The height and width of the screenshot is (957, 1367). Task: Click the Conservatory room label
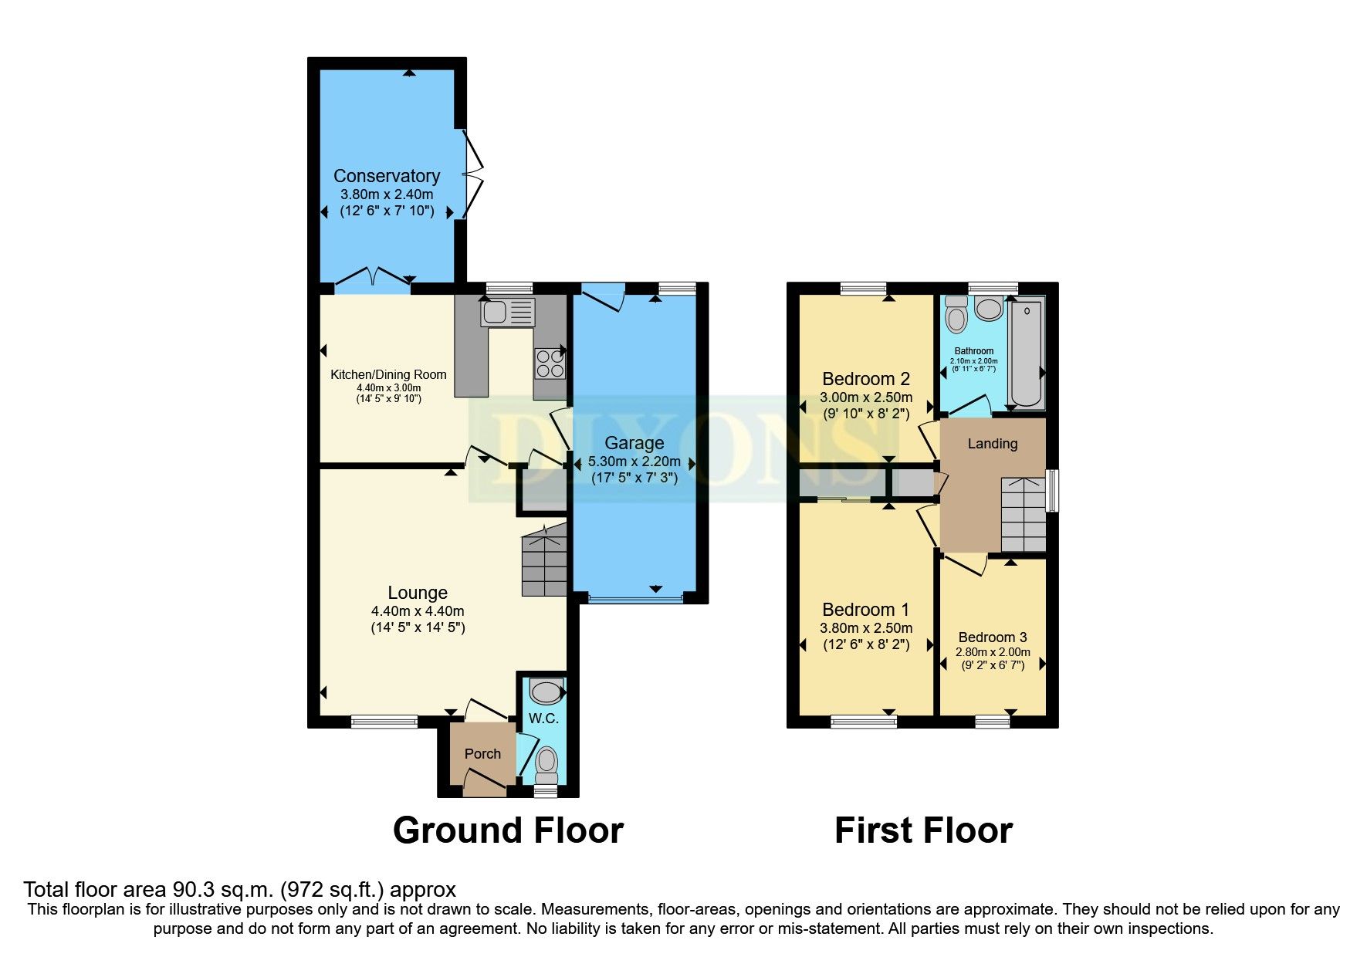click(386, 176)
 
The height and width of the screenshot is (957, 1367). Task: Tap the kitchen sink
click(506, 313)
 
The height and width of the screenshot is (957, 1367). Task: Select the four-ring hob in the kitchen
click(550, 364)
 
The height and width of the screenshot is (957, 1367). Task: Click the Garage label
click(634, 443)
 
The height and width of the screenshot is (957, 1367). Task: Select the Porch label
click(482, 754)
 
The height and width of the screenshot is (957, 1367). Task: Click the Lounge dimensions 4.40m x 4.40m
click(418, 610)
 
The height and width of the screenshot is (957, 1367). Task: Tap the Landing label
click(992, 444)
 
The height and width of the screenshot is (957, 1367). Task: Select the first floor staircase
click(1023, 514)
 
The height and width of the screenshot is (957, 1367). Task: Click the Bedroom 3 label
click(992, 637)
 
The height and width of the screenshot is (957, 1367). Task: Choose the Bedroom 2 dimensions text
click(865, 397)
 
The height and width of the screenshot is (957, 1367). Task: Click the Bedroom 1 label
click(865, 610)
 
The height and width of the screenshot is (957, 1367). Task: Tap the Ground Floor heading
click(508, 831)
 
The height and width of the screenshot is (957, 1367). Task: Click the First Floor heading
click(923, 831)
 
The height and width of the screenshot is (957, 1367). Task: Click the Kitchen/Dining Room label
click(388, 375)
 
